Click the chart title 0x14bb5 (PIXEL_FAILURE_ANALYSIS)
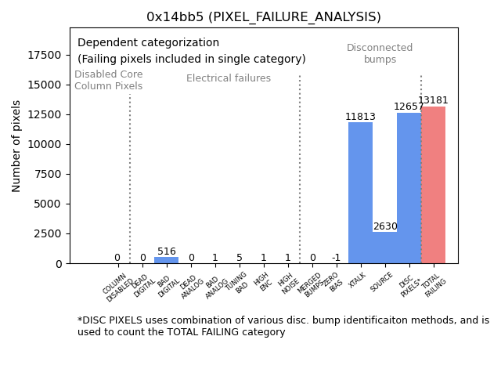click(264, 16)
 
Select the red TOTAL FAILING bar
click(433, 185)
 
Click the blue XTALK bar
click(360, 193)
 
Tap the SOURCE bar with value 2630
click(384, 248)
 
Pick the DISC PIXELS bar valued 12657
click(409, 188)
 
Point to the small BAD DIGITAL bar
click(166, 260)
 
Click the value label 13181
click(433, 100)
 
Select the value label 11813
click(360, 117)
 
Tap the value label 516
click(166, 251)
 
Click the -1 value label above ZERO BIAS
click(336, 258)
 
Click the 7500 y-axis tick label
click(49, 174)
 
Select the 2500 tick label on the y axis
click(49, 233)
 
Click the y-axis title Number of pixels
click(16, 146)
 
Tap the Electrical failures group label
click(229, 78)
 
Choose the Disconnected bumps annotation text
click(380, 53)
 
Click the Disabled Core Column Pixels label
click(108, 80)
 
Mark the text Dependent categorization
click(148, 42)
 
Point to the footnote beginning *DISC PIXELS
click(283, 326)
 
